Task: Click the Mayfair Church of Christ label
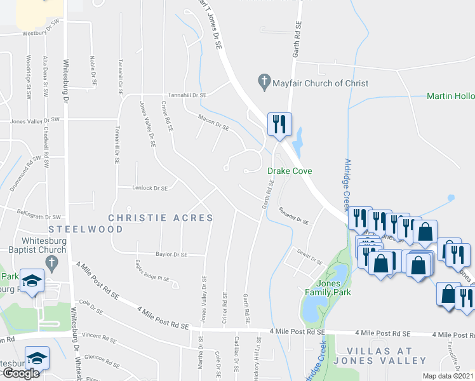coord(320,83)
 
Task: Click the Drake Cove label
coord(288,171)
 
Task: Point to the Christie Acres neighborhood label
coord(161,217)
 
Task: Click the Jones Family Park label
coord(328,288)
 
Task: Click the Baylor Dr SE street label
coord(171,254)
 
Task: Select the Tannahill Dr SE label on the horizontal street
coord(187,95)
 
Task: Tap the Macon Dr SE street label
coord(213,122)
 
